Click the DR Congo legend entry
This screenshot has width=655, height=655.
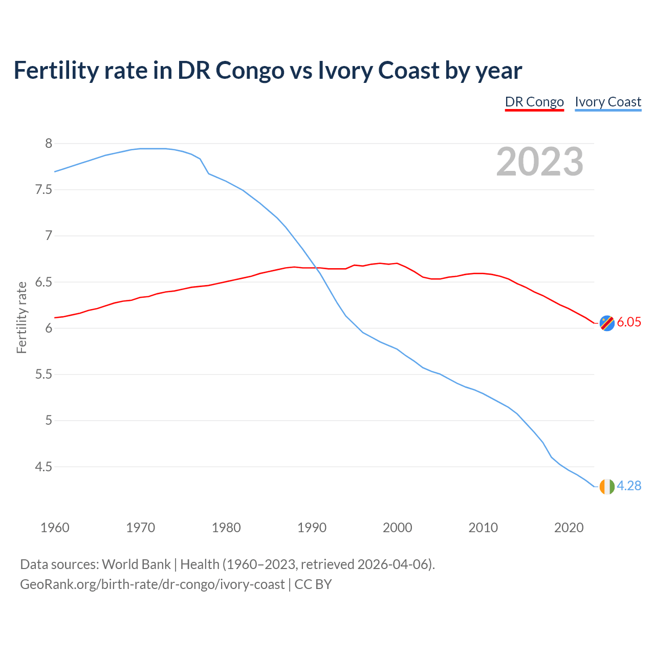[534, 102]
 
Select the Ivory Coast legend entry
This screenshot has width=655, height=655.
[608, 102]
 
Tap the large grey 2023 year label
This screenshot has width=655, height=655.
[540, 162]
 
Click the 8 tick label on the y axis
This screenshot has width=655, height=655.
[49, 144]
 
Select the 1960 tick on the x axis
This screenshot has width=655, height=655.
[55, 528]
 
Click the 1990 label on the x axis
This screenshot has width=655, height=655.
[312, 528]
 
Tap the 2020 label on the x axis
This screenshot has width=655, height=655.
[569, 528]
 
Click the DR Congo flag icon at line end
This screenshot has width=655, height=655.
[606, 323]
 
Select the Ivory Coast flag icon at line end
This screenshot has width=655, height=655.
[606, 487]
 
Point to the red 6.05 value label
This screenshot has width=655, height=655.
[629, 322]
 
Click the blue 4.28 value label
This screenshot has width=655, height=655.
[629, 486]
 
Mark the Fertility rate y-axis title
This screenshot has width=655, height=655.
[21, 317]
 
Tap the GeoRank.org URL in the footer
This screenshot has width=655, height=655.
[152, 584]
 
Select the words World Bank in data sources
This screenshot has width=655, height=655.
[136, 564]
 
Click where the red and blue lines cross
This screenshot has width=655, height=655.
[316, 268]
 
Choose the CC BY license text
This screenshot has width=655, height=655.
[313, 584]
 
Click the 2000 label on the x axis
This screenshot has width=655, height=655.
[397, 528]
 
